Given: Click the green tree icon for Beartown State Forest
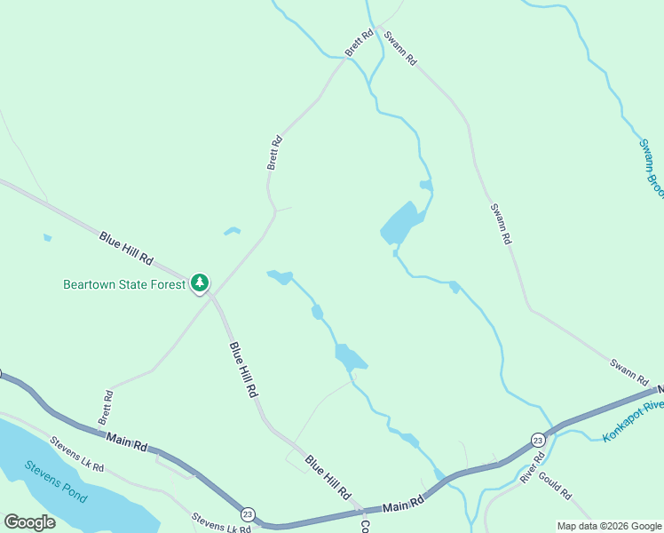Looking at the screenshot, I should (200, 283).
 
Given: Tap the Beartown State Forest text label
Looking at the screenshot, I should (124, 285).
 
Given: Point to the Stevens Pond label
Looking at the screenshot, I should (56, 481).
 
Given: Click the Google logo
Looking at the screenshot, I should (29, 522).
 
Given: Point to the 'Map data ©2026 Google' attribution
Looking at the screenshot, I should (609, 526).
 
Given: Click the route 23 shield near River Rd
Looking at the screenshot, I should (538, 441).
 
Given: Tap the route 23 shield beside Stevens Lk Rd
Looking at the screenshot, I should (248, 513).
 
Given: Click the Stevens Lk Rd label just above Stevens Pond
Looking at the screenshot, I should (76, 454).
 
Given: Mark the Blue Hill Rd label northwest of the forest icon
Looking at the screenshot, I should (126, 250).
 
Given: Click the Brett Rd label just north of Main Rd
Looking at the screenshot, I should (107, 405).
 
